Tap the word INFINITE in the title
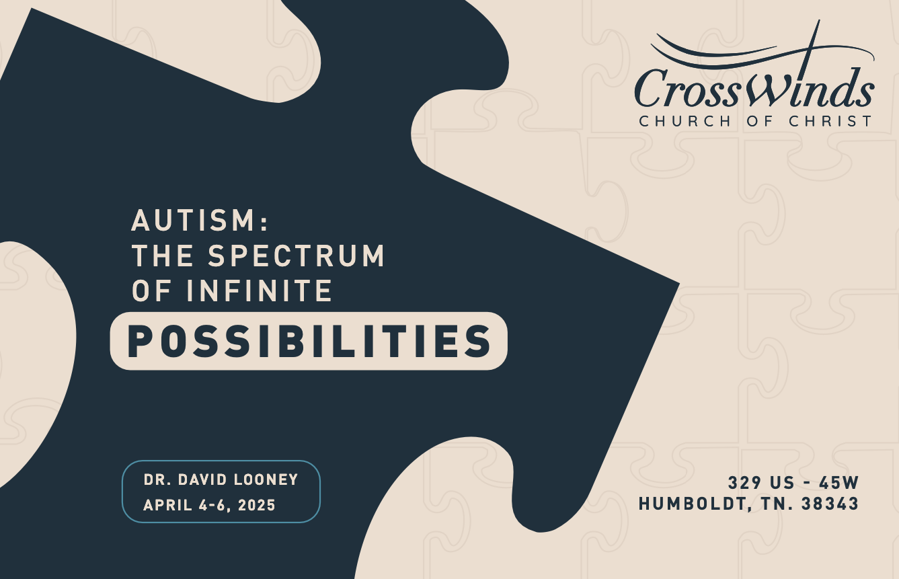click(260, 291)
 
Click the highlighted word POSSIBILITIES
click(309, 341)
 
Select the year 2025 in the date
click(256, 505)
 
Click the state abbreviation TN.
click(777, 504)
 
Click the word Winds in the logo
click(807, 87)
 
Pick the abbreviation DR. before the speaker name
click(155, 480)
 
